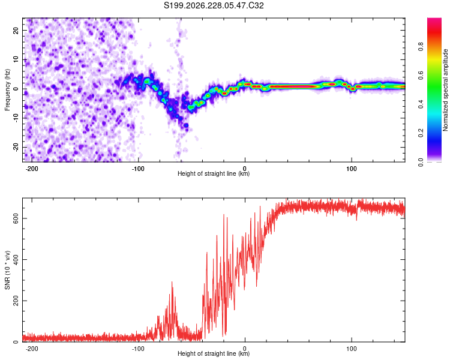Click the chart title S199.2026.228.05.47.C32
pos(214,5)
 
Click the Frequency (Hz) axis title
pos(7,90)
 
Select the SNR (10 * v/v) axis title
pos(7,270)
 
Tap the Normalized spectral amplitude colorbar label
pos(445,90)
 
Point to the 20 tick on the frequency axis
pos(16,31)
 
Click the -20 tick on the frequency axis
pos(16,148)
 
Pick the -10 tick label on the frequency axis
pos(16,118)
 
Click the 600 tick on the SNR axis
pos(16,219)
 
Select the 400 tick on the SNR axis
pos(16,260)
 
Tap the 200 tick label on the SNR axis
pos(16,301)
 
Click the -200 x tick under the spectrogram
pos(32,169)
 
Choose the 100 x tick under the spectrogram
pos(351,169)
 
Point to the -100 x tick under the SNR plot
pos(138,349)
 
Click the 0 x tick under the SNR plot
pos(245,349)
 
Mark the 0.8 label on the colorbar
pos(421,46)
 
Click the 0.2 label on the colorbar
pos(421,133)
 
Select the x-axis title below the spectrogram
pos(214,173)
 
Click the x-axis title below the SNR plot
pos(214,353)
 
